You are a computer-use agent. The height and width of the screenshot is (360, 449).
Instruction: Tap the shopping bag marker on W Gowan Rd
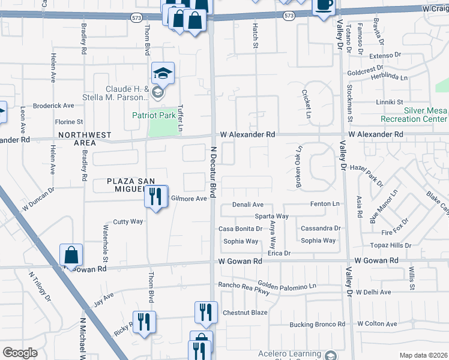[71, 256]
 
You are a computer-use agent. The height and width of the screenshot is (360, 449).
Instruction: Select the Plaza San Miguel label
[131, 185]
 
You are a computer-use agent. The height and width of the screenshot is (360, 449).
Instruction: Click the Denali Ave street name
[248, 205]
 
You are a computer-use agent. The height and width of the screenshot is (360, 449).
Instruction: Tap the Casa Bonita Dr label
[240, 229]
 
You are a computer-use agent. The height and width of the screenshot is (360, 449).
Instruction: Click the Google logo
[20, 353]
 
